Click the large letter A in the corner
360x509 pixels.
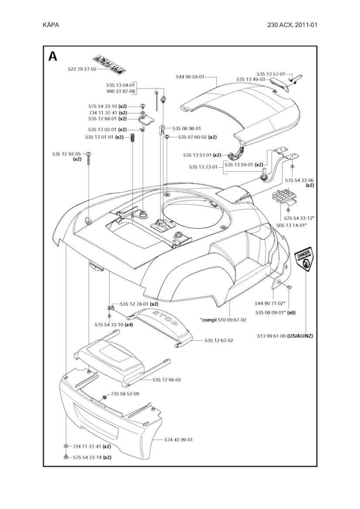[53, 57]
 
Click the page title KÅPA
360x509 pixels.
[51, 25]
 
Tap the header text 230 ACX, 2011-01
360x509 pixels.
[292, 25]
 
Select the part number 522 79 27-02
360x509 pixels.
[82, 69]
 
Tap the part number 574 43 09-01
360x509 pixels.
[179, 440]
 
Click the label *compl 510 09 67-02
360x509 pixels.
[223, 320]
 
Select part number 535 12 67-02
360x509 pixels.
[219, 340]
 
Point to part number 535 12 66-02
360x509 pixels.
[166, 380]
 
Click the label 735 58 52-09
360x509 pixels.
[125, 394]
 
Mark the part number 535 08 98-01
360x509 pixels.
[187, 128]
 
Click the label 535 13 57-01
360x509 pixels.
[271, 74]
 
